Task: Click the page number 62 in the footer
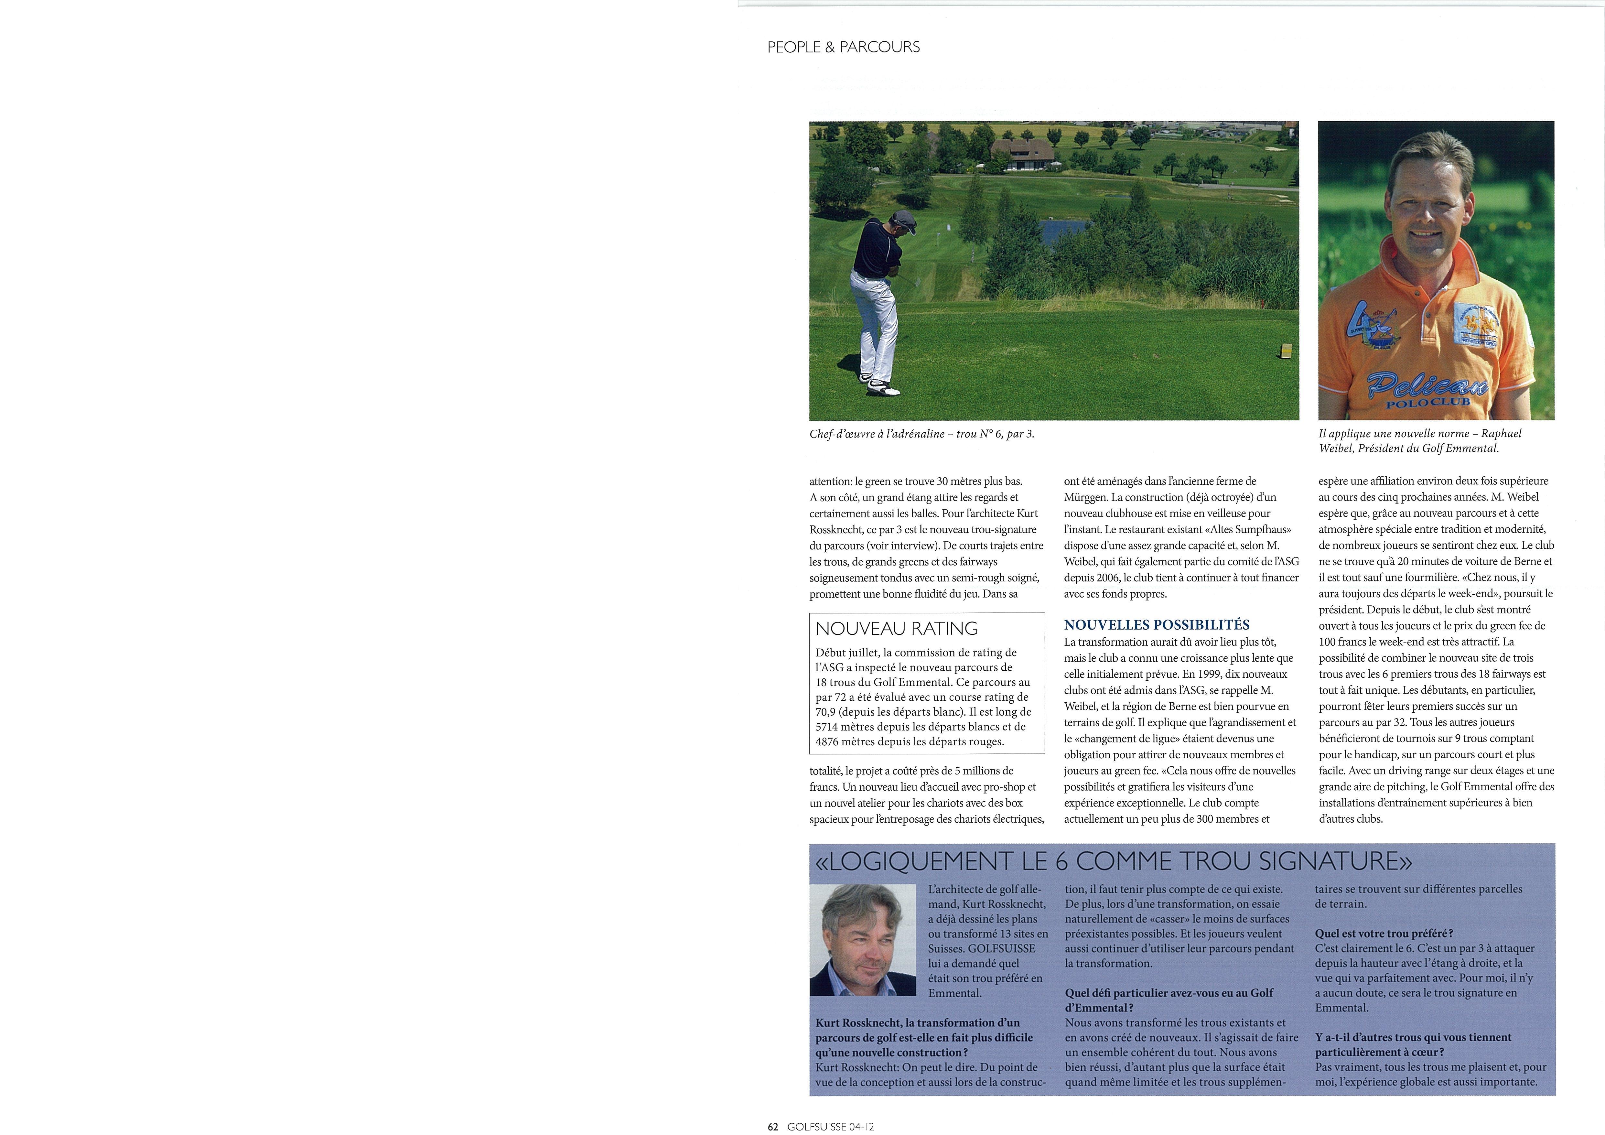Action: pos(772,1127)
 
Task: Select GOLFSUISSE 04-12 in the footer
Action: pos(830,1127)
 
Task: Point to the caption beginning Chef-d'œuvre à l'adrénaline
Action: pos(921,434)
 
